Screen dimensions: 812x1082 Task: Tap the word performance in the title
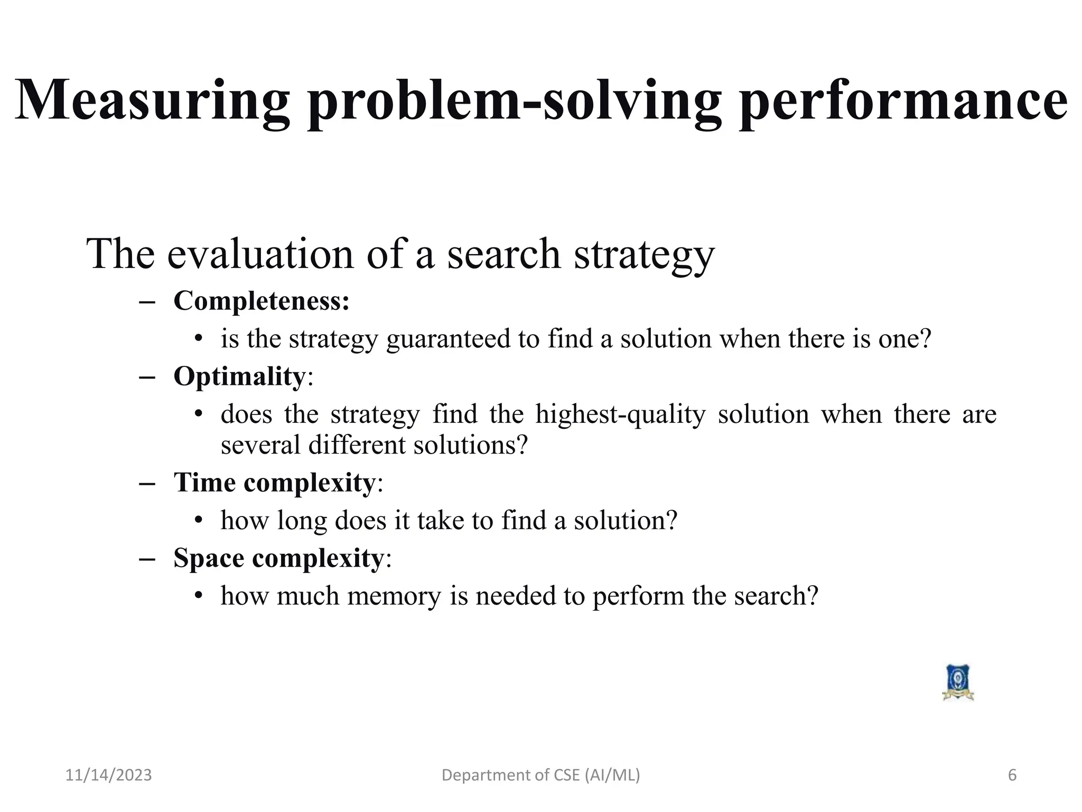point(903,100)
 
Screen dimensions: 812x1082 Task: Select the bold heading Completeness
point(261,301)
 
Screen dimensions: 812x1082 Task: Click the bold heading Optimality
point(239,377)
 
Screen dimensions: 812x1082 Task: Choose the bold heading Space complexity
point(278,558)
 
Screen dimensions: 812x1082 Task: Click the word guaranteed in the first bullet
point(448,339)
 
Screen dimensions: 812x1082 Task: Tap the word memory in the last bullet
point(394,596)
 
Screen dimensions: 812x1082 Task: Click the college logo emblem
point(958,683)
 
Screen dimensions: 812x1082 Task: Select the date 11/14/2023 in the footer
point(108,776)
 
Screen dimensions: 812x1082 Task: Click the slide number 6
point(1012,776)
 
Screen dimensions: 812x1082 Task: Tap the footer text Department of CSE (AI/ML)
point(540,776)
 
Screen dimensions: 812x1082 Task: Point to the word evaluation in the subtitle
point(260,254)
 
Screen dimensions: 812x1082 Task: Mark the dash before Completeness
point(147,302)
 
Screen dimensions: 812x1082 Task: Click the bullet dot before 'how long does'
point(199,521)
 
